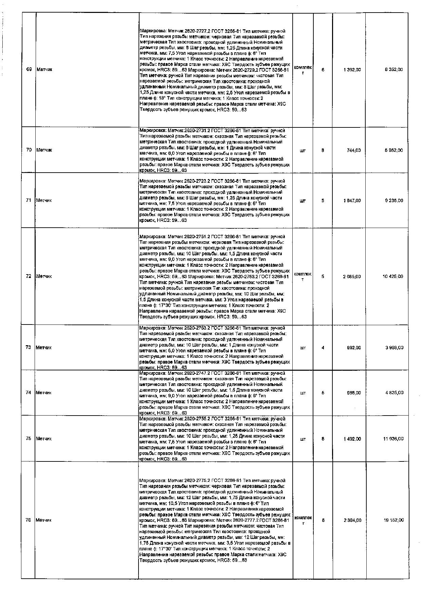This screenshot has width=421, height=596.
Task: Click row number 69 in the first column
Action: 29,70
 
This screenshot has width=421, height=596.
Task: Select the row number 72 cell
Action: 29,276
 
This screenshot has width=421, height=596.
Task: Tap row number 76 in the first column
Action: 29,520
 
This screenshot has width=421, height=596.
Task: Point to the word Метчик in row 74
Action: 44,393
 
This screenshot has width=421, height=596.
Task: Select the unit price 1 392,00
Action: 352,70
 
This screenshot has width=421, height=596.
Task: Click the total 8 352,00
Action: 394,70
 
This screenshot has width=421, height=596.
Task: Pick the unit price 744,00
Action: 355,150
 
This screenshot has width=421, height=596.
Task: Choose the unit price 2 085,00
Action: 352,277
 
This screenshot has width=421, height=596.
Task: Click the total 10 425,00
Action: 393,277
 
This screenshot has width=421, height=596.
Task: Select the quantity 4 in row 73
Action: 323,348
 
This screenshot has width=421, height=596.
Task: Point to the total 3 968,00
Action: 394,348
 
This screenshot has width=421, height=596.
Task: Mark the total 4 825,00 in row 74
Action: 394,393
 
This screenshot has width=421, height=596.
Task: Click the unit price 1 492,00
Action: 352,439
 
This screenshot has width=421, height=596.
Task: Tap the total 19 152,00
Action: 393,520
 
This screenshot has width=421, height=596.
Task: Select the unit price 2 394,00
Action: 352,520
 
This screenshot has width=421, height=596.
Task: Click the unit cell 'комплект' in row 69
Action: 303,70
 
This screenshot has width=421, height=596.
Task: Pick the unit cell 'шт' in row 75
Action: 303,439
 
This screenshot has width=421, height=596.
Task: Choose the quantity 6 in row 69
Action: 323,70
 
